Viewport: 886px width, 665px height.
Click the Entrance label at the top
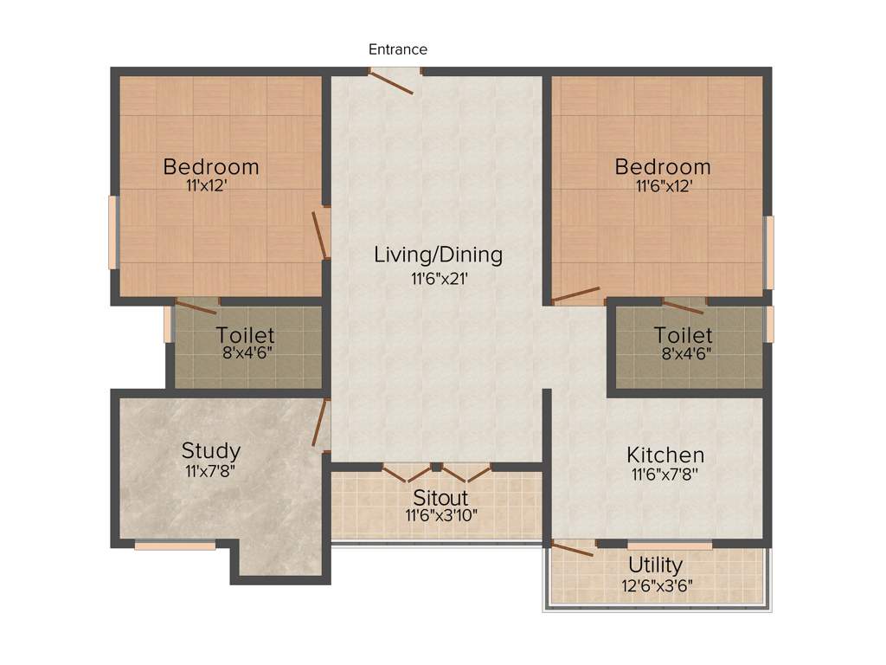click(x=398, y=49)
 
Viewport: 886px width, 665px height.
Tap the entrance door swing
click(x=391, y=82)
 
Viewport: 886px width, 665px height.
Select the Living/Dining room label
click(x=438, y=255)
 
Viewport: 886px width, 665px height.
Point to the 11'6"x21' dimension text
click(x=439, y=278)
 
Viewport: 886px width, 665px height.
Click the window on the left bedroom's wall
click(x=112, y=232)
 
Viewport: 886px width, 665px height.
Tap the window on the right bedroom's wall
click(x=769, y=252)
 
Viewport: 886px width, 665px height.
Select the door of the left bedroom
click(x=320, y=233)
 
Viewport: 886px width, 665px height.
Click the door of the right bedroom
click(x=576, y=294)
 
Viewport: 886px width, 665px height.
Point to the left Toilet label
click(x=246, y=334)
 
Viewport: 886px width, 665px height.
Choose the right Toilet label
click(x=684, y=334)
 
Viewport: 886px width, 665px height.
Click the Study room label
click(x=211, y=451)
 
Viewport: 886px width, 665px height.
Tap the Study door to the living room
click(x=319, y=423)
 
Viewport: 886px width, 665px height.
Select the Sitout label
click(x=440, y=498)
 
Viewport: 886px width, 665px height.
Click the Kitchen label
click(x=665, y=455)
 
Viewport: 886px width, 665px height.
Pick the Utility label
click(x=655, y=565)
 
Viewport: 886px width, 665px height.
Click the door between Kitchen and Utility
click(x=574, y=548)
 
